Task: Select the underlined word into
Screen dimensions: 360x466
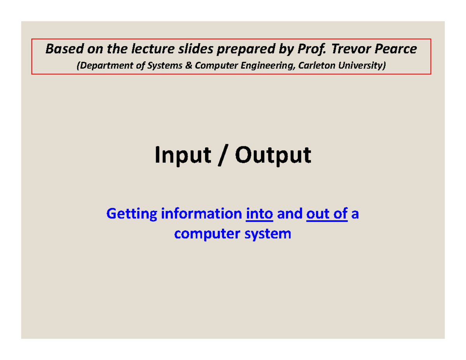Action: tap(260, 214)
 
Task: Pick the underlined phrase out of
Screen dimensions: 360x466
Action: tap(327, 214)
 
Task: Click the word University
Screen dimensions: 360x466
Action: tap(363, 66)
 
